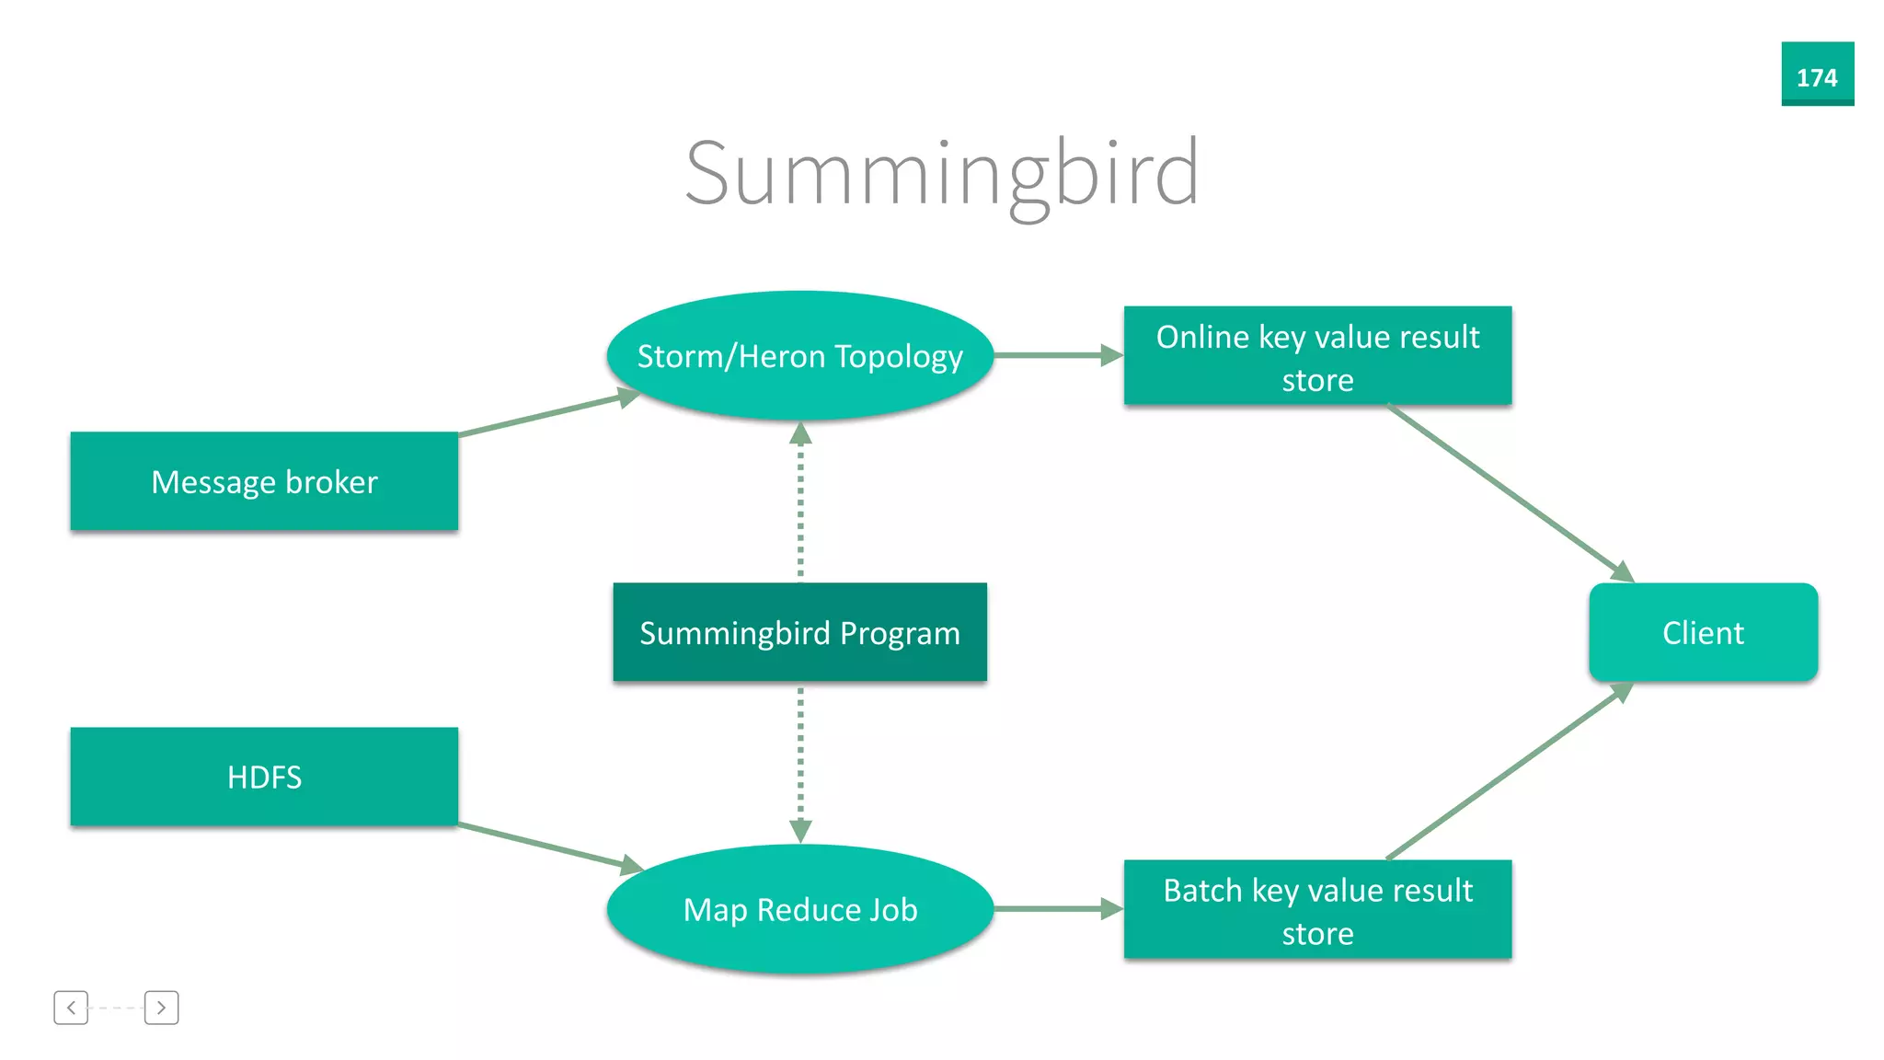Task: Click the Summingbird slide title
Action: pos(942,173)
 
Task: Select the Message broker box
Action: pos(264,481)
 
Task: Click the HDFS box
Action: pos(264,777)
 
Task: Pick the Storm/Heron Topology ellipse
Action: pos(799,356)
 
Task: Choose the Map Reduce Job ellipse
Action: pos(799,909)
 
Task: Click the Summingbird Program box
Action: pos(799,632)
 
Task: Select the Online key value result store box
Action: pos(1317,356)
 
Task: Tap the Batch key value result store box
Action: pos(1317,909)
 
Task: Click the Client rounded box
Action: pos(1703,632)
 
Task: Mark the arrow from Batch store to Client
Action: pos(1509,772)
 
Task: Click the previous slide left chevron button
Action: pos(71,1008)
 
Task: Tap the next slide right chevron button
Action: pos(161,1008)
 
